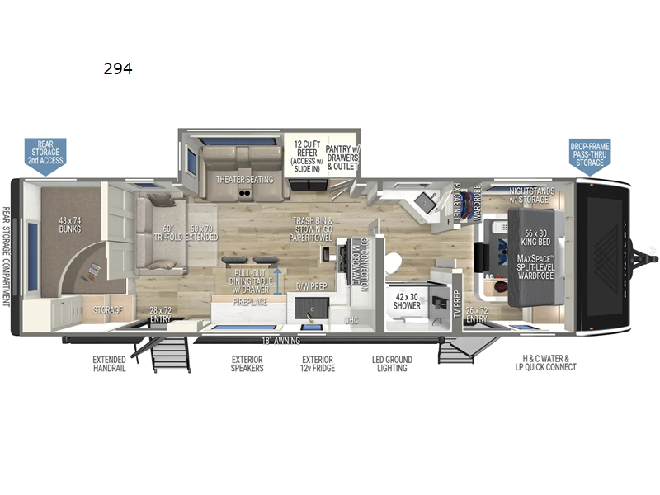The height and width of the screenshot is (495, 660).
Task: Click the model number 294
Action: coord(118,69)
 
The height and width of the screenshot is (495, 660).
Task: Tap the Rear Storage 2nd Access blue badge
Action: coord(45,153)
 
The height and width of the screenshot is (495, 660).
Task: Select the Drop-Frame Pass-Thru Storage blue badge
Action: coord(591,153)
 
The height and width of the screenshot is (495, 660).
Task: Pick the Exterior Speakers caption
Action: coord(247,364)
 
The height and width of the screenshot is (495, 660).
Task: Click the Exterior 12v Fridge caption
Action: coord(317,364)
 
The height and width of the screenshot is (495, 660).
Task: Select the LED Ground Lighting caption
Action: coord(392,364)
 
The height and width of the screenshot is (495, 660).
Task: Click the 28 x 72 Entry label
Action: coord(159,314)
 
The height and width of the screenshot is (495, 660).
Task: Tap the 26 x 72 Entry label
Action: coord(476,314)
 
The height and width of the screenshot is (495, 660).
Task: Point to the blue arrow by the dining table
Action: coord(277,275)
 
